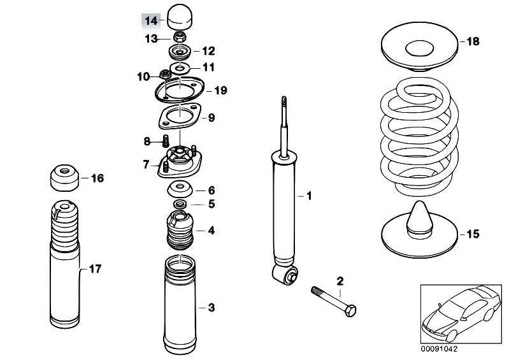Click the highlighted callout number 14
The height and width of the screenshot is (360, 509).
pyautogui.click(x=150, y=21)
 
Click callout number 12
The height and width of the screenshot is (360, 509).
pyautogui.click(x=208, y=51)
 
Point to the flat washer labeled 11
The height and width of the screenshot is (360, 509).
pyautogui.click(x=180, y=66)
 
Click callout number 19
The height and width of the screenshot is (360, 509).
pyautogui.click(x=220, y=90)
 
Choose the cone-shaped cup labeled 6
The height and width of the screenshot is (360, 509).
pyautogui.click(x=180, y=189)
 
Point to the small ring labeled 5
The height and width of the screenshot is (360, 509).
pyautogui.click(x=180, y=204)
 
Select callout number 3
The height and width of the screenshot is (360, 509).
pyautogui.click(x=211, y=308)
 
